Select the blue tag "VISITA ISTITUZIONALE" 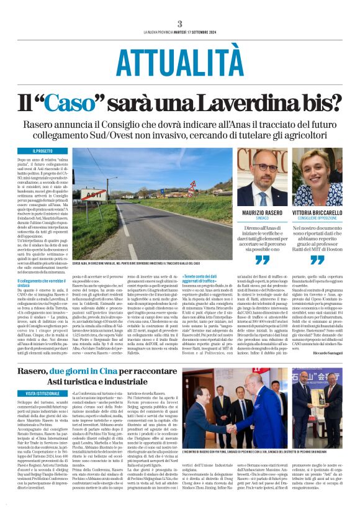pyautogui.click(x=47, y=393)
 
